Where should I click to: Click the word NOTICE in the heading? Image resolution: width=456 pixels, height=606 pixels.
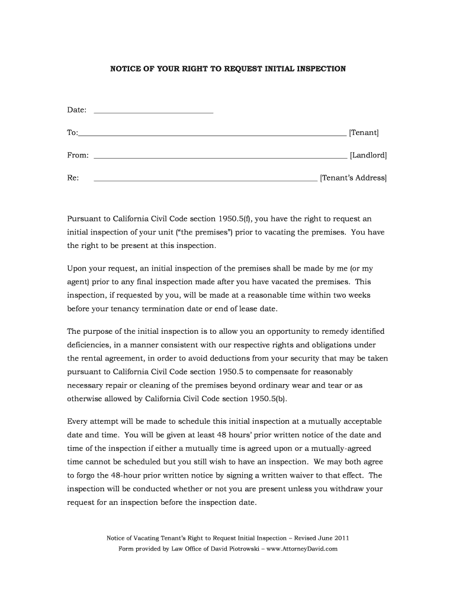click(125, 69)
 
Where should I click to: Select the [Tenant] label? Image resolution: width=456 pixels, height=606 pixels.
click(364, 133)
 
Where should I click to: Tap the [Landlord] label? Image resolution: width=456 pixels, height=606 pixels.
click(368, 155)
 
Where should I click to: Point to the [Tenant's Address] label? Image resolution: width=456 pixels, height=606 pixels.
click(353, 178)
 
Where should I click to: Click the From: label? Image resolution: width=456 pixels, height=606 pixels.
click(78, 155)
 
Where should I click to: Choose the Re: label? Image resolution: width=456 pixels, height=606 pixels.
click(73, 178)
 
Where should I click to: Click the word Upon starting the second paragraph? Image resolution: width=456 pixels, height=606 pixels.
click(77, 269)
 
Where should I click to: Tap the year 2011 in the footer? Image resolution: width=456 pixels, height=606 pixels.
click(341, 539)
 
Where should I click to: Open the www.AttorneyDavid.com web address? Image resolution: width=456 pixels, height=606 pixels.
click(301, 549)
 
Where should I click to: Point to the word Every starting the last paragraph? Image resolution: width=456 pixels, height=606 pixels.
click(77, 421)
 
